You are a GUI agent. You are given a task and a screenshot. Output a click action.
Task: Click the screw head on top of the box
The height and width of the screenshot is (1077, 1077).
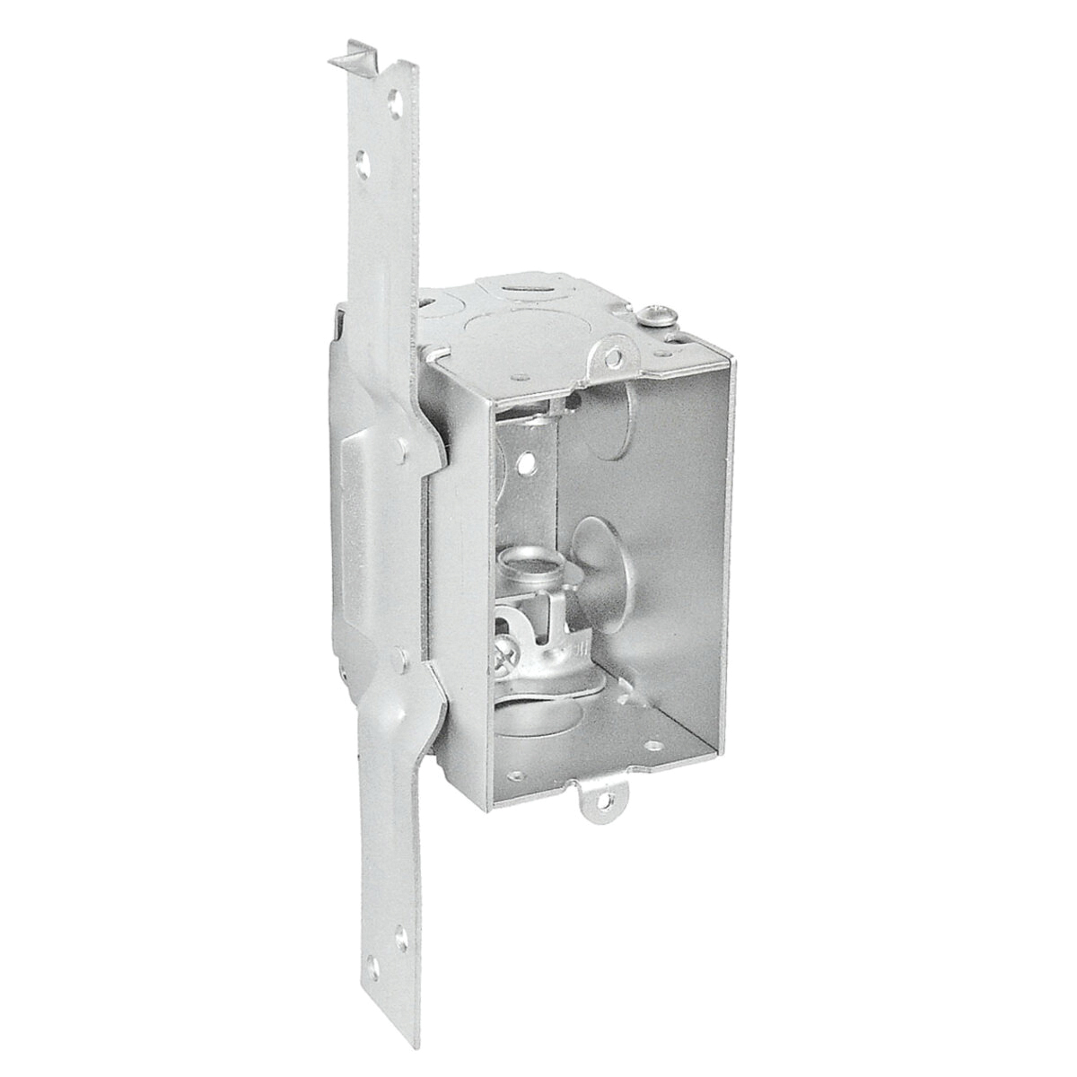click(x=652, y=314)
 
